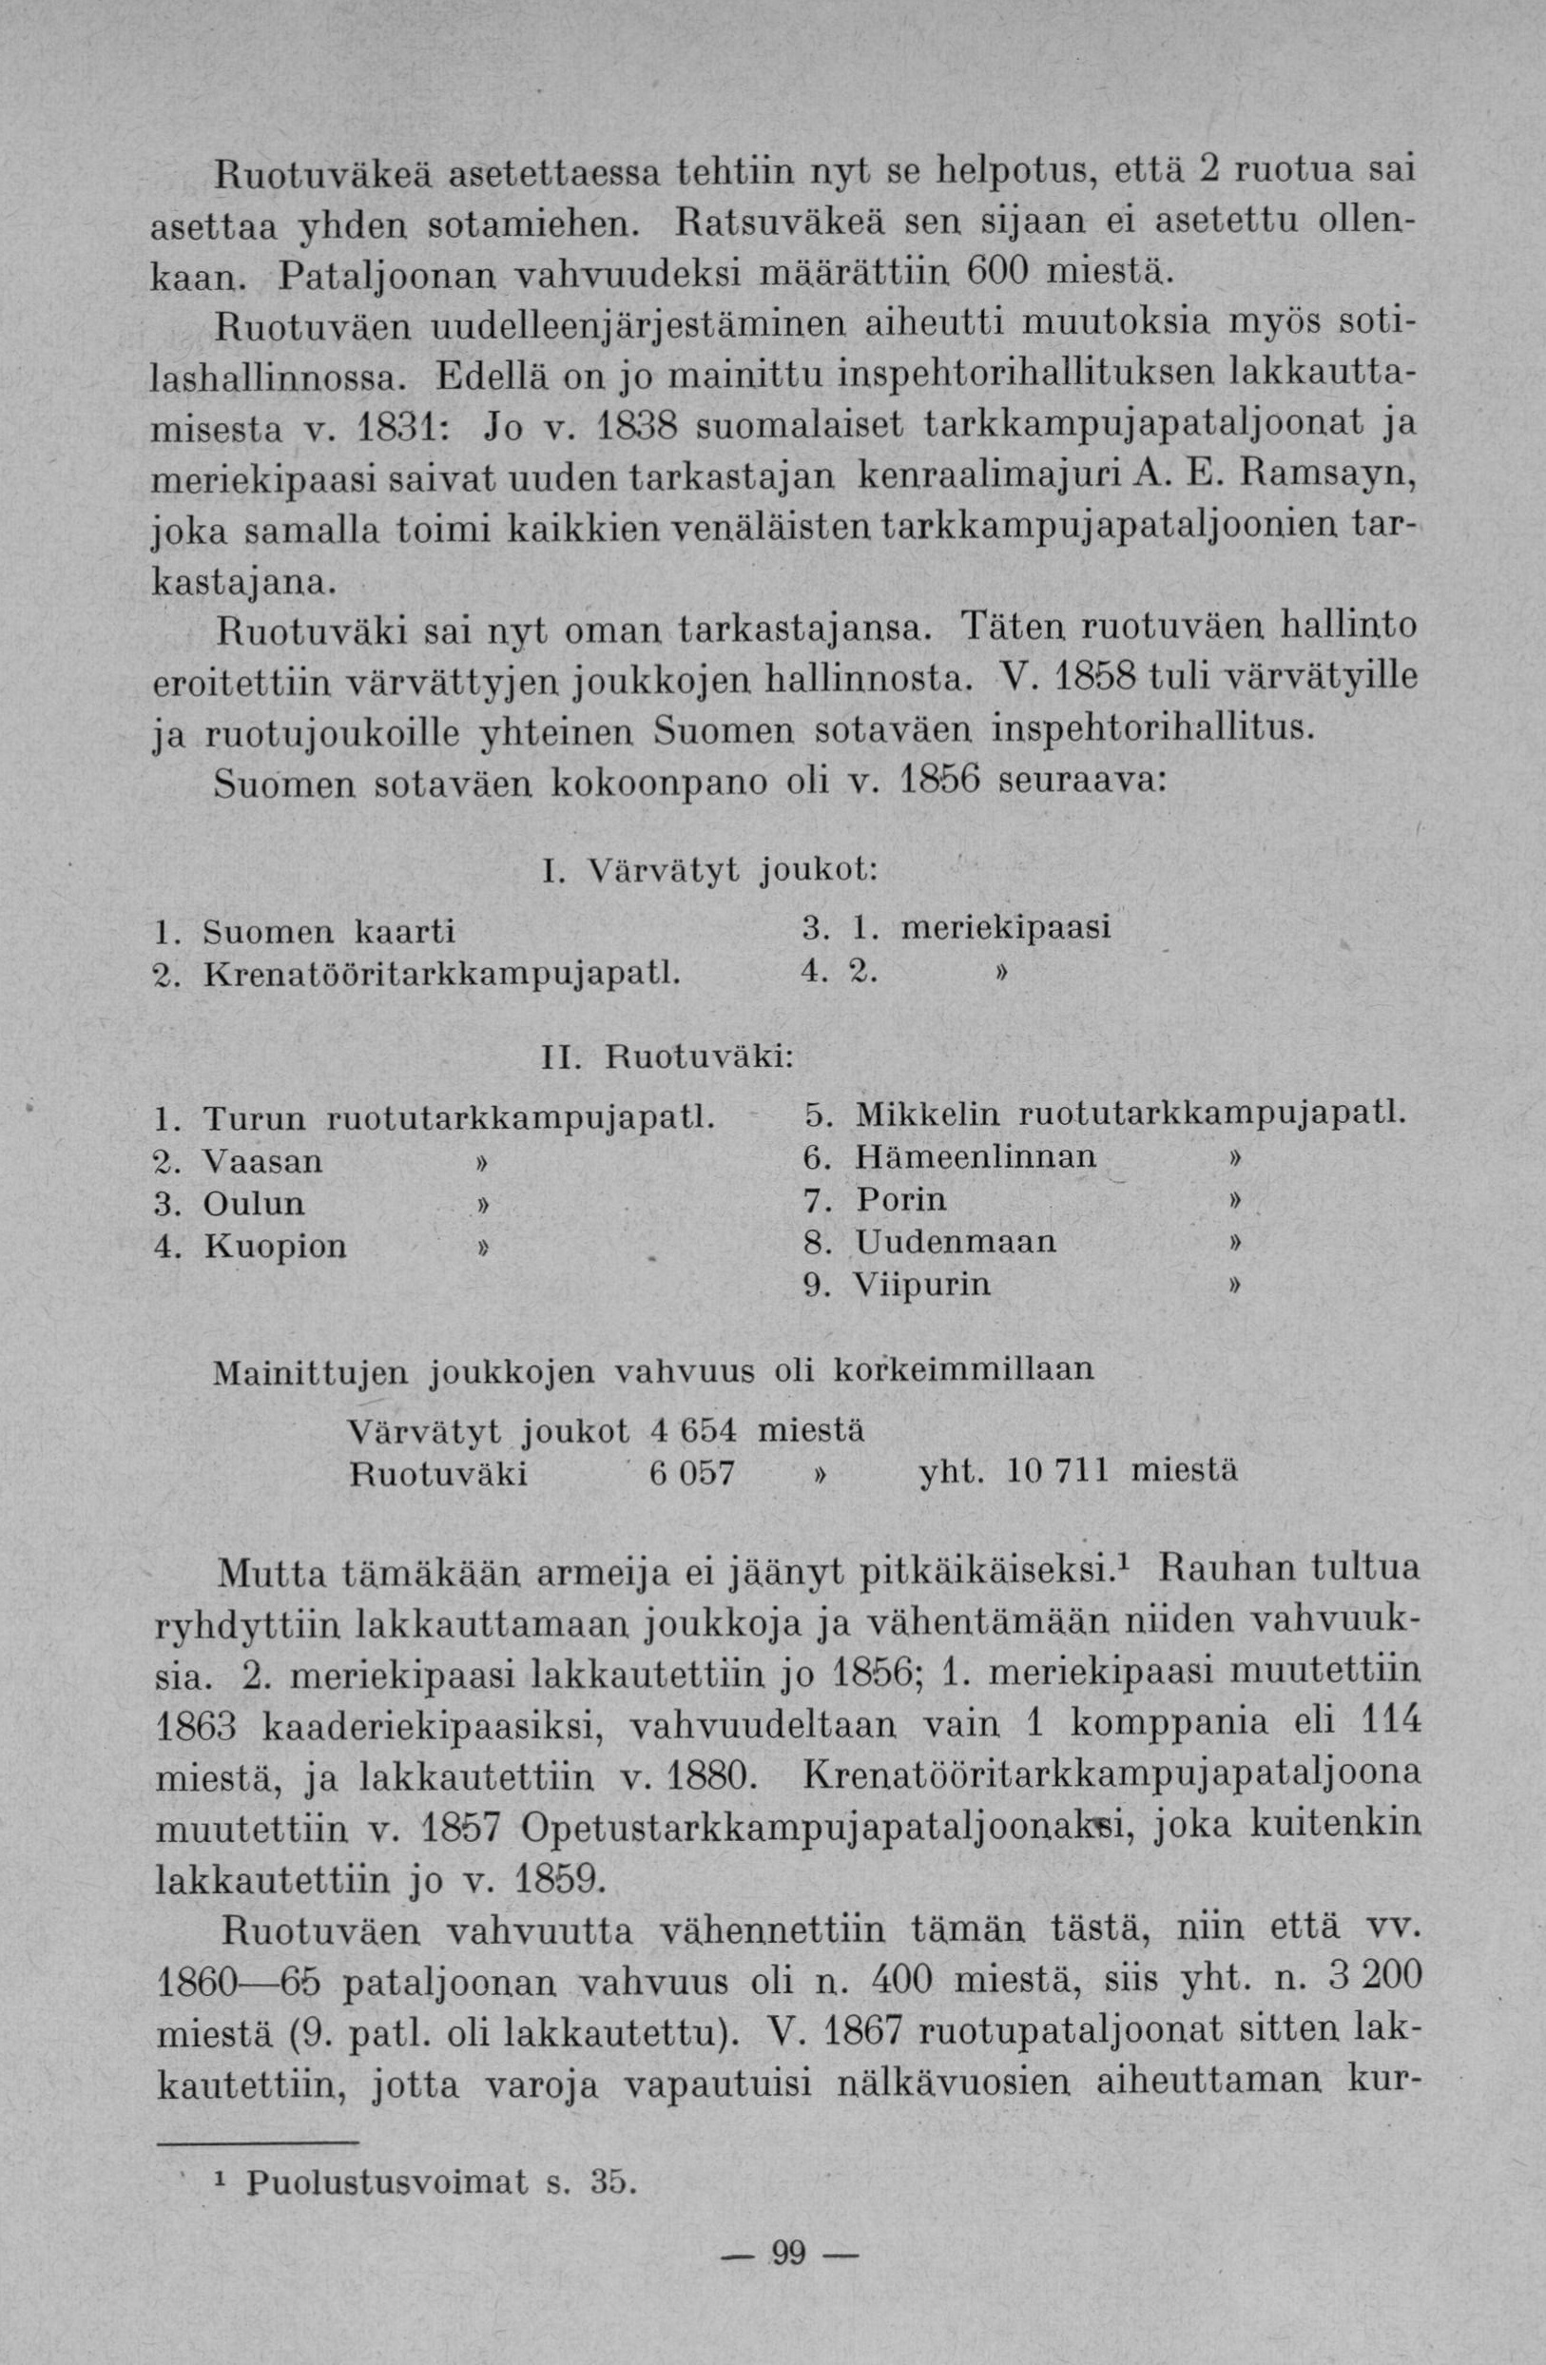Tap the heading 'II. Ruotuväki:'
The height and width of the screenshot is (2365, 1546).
[667, 1057]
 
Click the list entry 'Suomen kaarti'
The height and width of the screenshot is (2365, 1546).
[329, 931]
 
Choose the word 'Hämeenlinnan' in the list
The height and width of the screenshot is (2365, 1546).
[976, 1156]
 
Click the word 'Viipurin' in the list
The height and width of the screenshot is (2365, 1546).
[923, 1285]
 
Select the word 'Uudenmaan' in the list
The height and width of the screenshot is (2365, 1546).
[957, 1242]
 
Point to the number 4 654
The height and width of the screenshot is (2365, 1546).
[692, 1431]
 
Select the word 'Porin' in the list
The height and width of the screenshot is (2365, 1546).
[901, 1200]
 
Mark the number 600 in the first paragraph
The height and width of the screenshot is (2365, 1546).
[1021, 270]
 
